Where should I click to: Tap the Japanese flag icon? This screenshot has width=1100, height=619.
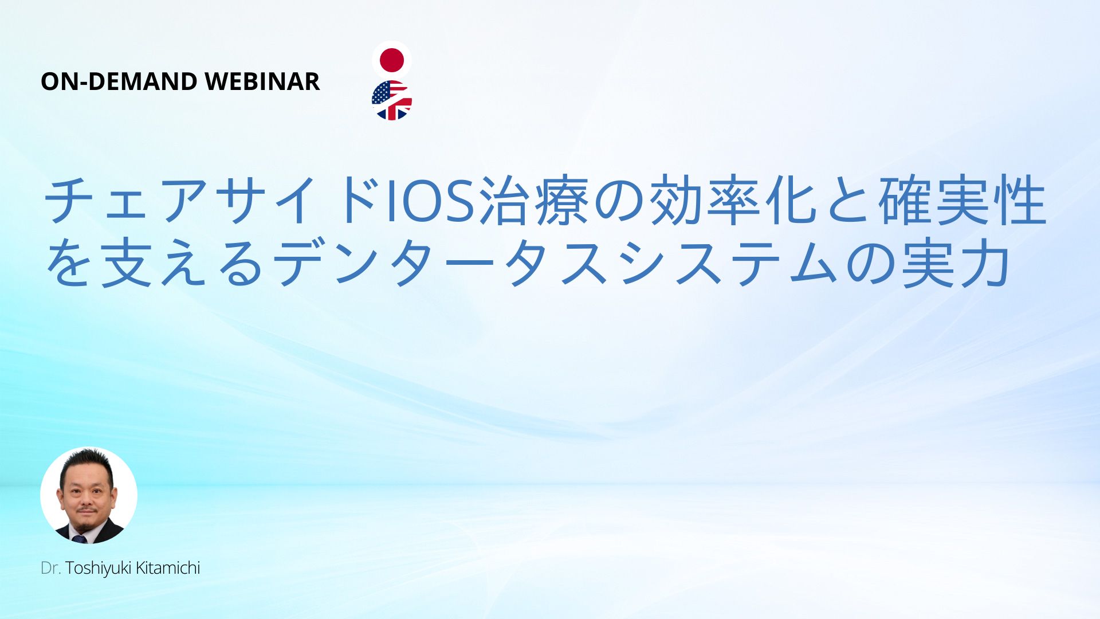[392, 60]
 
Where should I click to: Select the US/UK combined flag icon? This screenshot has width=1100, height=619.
[392, 100]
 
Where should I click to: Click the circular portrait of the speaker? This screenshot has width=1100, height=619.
[89, 495]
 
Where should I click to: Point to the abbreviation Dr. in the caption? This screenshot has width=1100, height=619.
[51, 568]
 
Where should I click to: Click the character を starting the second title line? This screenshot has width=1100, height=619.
[68, 264]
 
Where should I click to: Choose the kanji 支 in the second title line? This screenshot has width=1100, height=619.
[125, 264]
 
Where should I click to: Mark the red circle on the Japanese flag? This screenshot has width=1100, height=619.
[392, 60]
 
